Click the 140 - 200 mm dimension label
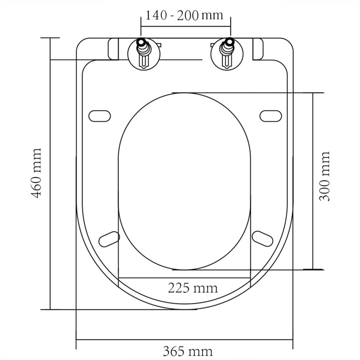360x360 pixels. pyautogui.click(x=184, y=15)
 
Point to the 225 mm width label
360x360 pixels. pyautogui.click(x=193, y=288)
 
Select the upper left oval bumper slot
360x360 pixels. pyautogui.click(x=99, y=116)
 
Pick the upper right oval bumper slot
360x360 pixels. pyautogui.click(x=270, y=116)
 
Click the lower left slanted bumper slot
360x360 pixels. pyautogui.click(x=109, y=239)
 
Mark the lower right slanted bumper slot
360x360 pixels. pyautogui.click(x=263, y=239)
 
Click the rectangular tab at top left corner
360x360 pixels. pyautogui.click(x=113, y=49)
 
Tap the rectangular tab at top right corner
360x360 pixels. pyautogui.click(x=258, y=49)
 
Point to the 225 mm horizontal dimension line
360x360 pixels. pyautogui.click(x=184, y=278)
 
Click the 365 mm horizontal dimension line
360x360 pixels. pyautogui.click(x=184, y=339)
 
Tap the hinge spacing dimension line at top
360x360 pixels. pyautogui.click(x=185, y=26)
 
